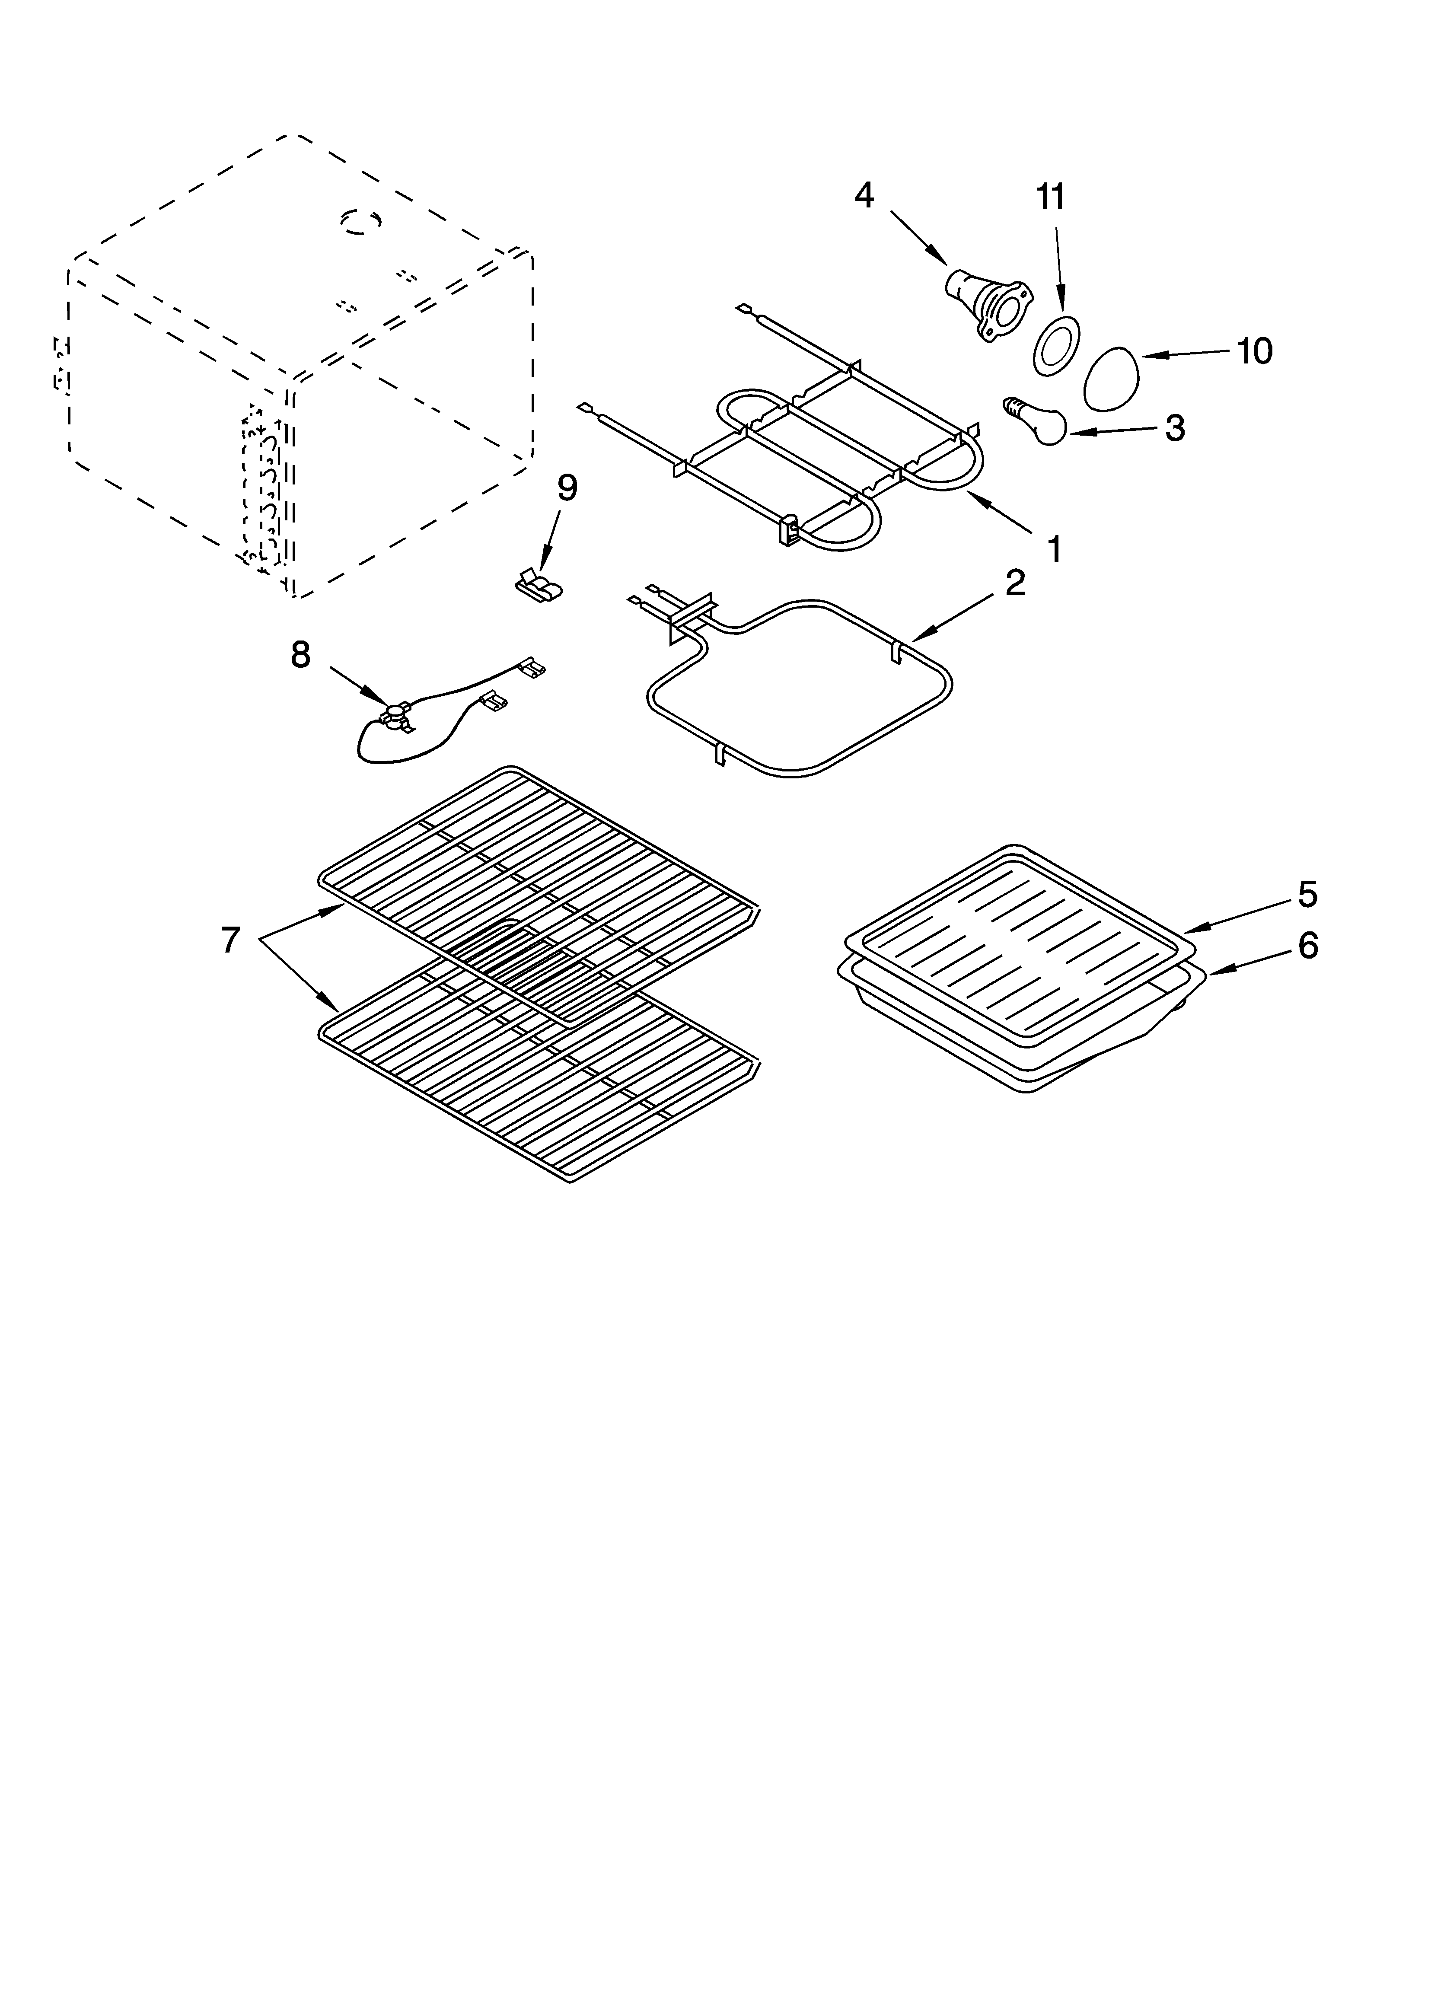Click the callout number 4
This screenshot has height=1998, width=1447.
point(864,196)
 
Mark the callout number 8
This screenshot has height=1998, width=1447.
point(300,653)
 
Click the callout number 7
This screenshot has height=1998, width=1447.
point(230,941)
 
